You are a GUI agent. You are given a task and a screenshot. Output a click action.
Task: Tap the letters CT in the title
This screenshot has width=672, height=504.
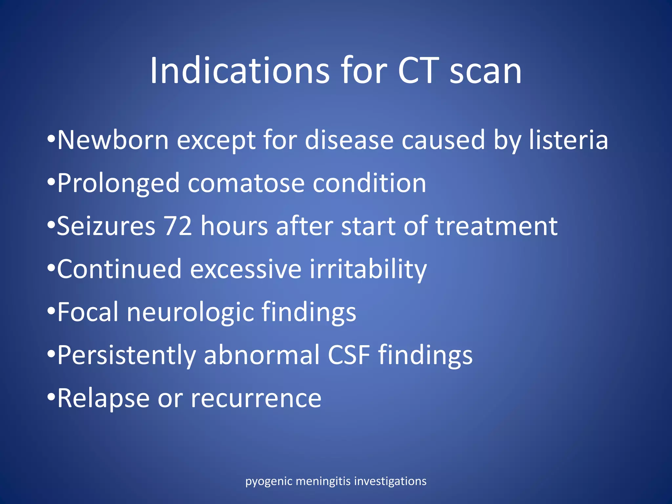click(418, 71)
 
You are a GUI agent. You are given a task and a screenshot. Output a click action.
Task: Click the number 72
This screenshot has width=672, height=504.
click(178, 226)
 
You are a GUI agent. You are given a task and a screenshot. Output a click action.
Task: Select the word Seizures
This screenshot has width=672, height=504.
click(106, 226)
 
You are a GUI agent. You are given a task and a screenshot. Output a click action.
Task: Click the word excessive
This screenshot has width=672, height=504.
click(246, 269)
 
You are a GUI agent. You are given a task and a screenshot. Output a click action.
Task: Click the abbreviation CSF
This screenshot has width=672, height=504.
click(349, 355)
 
